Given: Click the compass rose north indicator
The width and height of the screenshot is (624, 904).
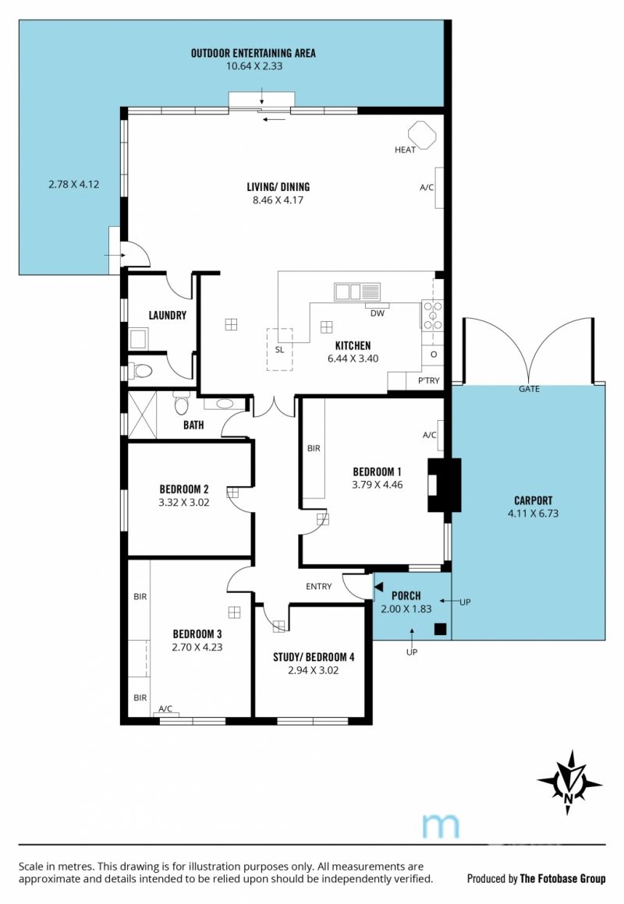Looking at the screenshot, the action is coord(569,782).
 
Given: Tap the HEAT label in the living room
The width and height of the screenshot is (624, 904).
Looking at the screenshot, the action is coord(405,150).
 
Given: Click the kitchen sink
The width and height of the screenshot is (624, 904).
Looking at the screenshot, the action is coord(356,291).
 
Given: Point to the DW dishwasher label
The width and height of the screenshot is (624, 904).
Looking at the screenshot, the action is coord(377,313).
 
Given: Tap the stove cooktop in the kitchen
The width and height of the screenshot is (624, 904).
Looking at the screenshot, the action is coord(432,316).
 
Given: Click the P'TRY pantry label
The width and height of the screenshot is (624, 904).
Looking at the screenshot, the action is coord(428,380).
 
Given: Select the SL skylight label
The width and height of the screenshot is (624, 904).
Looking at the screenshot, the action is coord(279,350).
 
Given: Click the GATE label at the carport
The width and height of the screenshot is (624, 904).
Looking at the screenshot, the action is coord(529,389).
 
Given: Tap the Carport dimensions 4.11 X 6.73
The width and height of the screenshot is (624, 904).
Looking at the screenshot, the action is coord(533,514).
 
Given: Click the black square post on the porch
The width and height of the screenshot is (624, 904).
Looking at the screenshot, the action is coord(441,629).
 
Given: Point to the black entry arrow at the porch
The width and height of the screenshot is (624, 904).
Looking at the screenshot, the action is coord(378,586).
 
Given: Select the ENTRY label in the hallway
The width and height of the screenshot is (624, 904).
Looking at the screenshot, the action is coord(319,586).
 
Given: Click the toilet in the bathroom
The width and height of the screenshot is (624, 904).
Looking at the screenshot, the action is coord(181,404).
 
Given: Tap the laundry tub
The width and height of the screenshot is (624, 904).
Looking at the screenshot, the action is coord(139,339).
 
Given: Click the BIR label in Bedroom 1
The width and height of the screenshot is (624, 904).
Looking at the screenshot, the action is coord(314,448).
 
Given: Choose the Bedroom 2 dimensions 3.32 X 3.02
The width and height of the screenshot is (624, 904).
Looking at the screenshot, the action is coord(183,502).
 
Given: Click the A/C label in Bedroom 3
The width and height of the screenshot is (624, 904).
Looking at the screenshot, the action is coord(165,708).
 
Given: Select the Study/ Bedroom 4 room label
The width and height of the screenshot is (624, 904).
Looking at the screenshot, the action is coord(314,657).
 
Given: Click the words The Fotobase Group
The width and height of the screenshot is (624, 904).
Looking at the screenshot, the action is coord(563,878).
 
